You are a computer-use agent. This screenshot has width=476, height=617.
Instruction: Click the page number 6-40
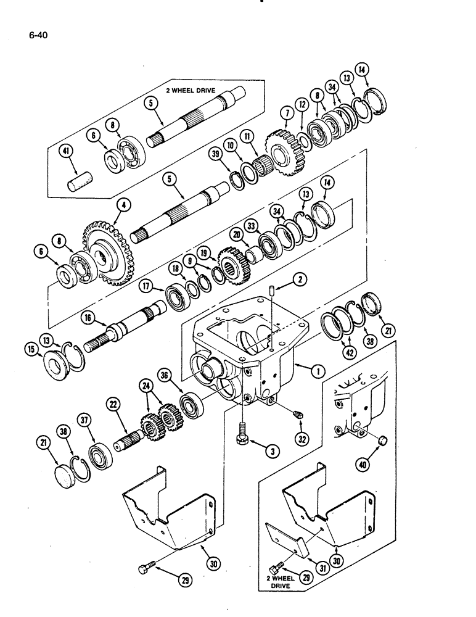38,35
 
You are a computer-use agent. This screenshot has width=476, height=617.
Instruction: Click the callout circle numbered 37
85,421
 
